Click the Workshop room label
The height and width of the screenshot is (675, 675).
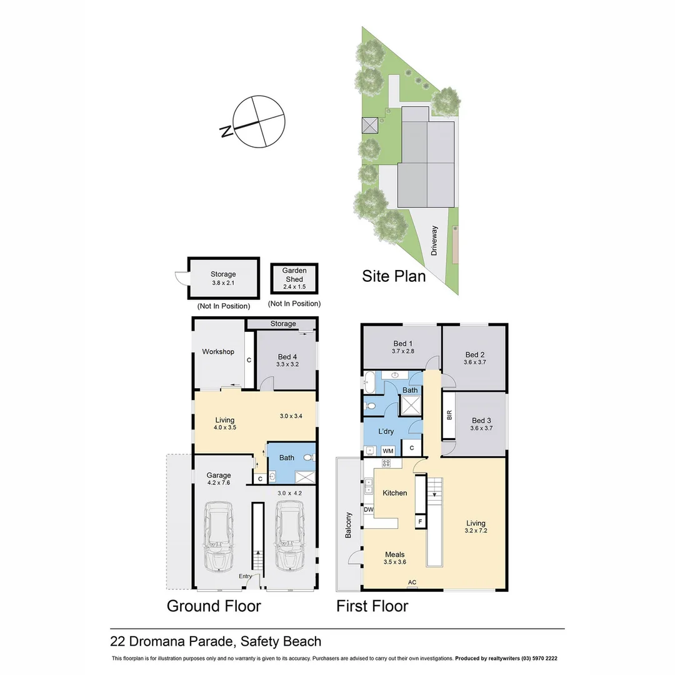[x=218, y=352]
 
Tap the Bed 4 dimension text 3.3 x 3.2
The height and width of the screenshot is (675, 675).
[x=287, y=364]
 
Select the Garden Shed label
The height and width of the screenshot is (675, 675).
[x=294, y=274]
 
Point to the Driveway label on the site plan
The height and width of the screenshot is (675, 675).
[x=434, y=241]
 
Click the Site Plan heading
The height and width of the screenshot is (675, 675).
[x=394, y=276]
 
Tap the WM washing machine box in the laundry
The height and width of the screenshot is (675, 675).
[x=388, y=451]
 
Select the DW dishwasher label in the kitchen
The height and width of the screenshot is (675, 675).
[x=369, y=510]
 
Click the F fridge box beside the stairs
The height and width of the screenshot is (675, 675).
[x=420, y=522]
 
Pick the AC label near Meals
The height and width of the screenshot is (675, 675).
[x=412, y=582]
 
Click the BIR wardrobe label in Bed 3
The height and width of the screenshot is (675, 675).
[x=449, y=415]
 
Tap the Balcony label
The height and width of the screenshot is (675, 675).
[x=348, y=525]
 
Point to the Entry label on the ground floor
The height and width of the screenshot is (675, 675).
[x=246, y=576]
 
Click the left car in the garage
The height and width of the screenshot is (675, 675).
[x=219, y=536]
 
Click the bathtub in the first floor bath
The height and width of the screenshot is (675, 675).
[x=369, y=382]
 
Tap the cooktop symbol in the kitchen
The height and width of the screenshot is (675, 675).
[x=386, y=463]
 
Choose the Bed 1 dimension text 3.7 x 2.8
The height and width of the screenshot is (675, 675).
[x=403, y=351]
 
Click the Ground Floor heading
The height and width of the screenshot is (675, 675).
[x=214, y=606]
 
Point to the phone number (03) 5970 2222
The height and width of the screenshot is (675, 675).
[x=539, y=658]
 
